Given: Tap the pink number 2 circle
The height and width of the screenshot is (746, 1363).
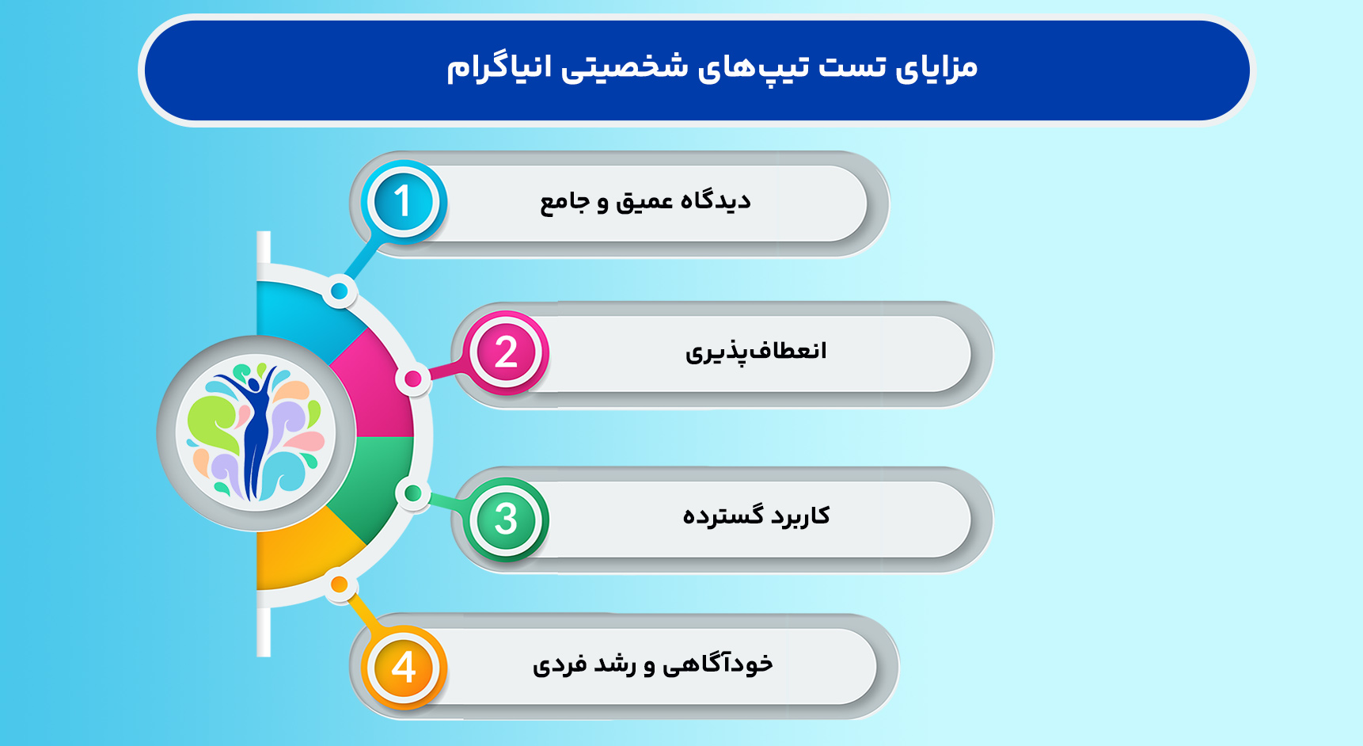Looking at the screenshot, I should (x=507, y=352).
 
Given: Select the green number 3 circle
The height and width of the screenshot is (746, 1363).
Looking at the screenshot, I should (x=507, y=519).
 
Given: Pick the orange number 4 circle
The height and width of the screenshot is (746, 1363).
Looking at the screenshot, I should (x=404, y=667).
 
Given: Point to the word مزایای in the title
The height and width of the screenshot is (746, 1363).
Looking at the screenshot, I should (x=936, y=67).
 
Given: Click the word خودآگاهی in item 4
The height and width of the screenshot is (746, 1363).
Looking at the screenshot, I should (x=717, y=664).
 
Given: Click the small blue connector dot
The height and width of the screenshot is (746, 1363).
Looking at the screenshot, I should (x=340, y=291).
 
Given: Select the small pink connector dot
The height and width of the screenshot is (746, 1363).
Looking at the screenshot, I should (x=413, y=379).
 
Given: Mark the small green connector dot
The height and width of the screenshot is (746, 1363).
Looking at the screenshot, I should (x=412, y=493).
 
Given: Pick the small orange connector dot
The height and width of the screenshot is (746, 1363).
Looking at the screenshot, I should (x=339, y=585).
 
